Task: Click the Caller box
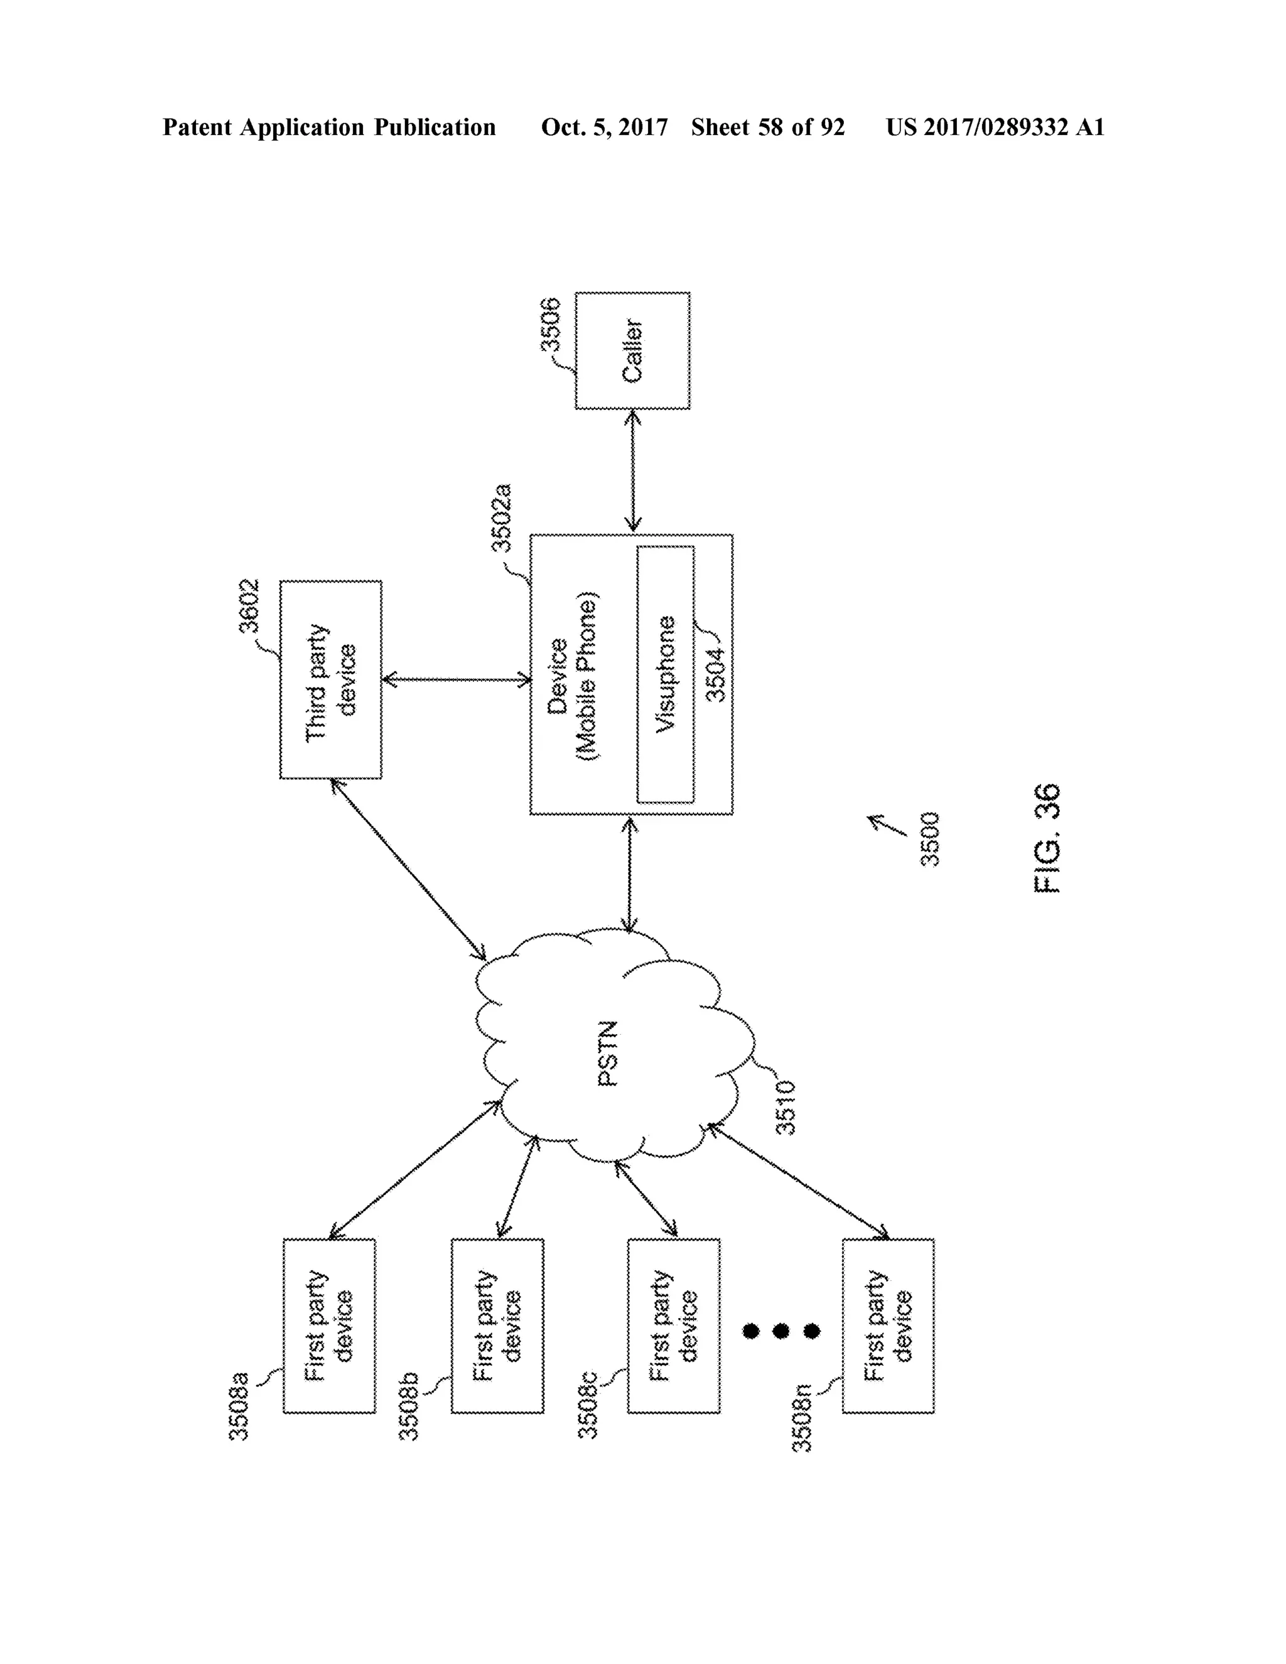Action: [x=632, y=350]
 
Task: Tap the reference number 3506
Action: [x=549, y=325]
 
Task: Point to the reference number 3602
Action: [x=249, y=607]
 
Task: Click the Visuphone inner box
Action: [x=665, y=674]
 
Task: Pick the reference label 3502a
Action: [x=500, y=518]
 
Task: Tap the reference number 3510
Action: [x=785, y=1108]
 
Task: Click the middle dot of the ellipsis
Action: [x=781, y=1331]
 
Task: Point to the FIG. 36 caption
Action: [x=1047, y=838]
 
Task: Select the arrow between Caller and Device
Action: [x=632, y=471]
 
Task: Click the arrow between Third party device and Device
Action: [x=456, y=679]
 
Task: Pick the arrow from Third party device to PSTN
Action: [x=408, y=869]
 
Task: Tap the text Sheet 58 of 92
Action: [x=767, y=127]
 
